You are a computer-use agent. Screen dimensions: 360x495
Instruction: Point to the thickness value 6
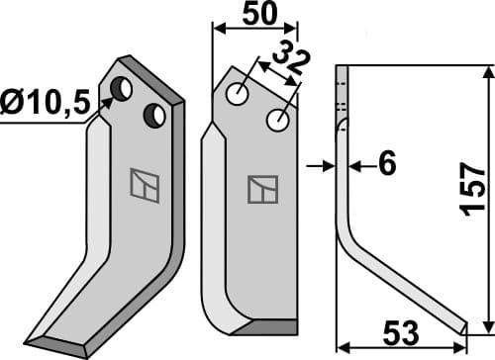(387, 166)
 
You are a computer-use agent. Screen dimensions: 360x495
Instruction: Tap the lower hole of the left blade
(154, 116)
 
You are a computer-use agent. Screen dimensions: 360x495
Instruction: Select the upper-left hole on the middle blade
(239, 95)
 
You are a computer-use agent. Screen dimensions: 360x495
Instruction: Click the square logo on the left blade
(142, 185)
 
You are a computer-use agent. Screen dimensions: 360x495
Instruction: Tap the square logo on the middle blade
(263, 188)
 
